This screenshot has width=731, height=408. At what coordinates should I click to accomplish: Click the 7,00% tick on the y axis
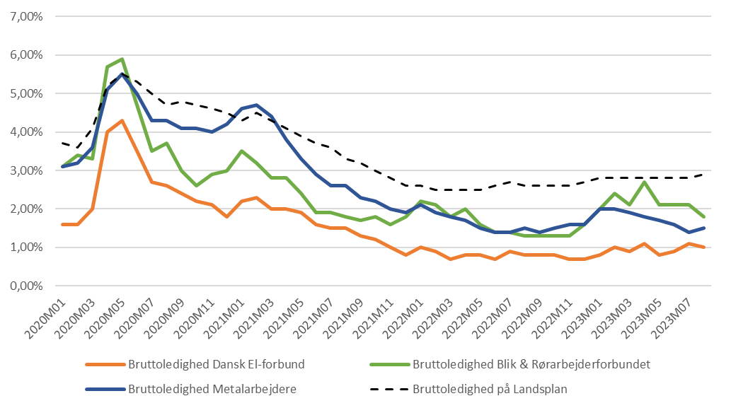point(26,16)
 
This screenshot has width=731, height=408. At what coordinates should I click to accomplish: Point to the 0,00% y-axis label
point(26,286)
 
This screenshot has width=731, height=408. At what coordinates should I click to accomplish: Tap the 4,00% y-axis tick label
point(26,132)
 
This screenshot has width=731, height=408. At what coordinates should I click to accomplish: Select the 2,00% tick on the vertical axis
point(26,209)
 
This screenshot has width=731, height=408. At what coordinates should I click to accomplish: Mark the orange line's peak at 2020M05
point(122,120)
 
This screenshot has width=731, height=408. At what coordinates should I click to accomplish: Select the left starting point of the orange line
point(64,224)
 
